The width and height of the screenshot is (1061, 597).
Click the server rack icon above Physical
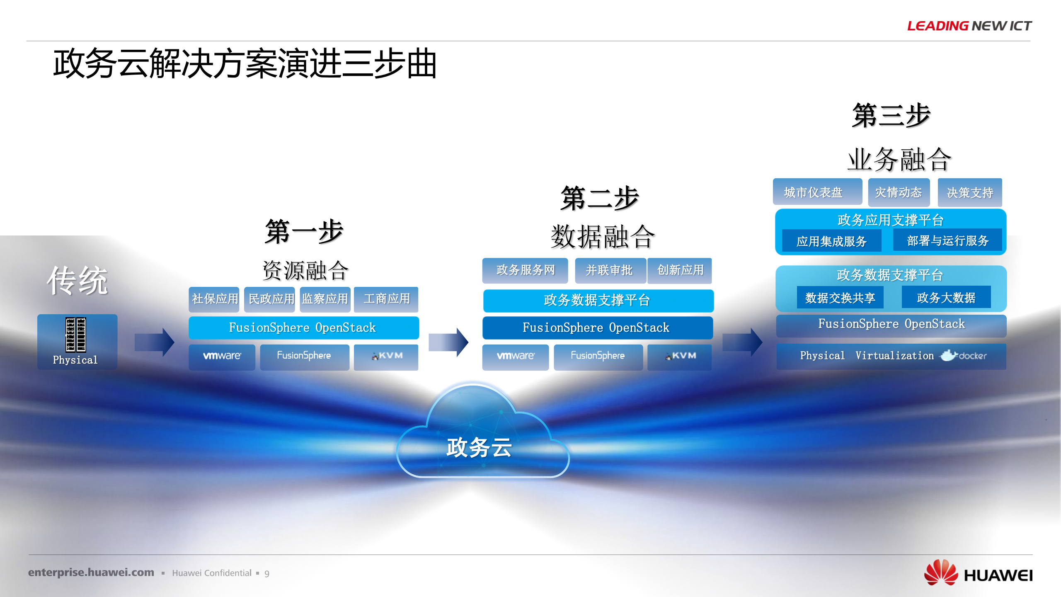click(x=75, y=334)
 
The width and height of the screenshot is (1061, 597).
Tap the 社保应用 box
click(x=214, y=299)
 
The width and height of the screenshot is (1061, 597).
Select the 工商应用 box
click(x=386, y=299)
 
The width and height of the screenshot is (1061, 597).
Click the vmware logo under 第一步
click(x=222, y=356)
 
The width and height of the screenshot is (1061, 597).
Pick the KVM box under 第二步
click(x=680, y=356)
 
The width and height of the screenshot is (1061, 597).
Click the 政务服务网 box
click(x=525, y=270)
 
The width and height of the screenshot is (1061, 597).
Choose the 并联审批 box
click(x=609, y=270)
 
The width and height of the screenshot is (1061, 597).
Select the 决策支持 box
click(x=970, y=192)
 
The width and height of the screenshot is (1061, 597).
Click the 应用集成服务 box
click(x=831, y=241)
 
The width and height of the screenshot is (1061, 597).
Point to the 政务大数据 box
click(x=946, y=297)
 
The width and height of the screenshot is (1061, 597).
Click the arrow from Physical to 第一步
click(x=154, y=342)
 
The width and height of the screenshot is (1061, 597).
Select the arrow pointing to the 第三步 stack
click(x=742, y=342)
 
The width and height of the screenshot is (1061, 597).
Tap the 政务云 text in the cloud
click(x=479, y=448)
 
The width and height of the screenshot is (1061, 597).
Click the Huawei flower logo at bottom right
click(x=941, y=573)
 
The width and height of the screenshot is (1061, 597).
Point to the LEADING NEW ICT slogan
click(x=969, y=26)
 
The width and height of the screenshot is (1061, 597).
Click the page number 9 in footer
click(x=267, y=573)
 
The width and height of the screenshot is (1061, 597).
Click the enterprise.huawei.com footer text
click(x=91, y=573)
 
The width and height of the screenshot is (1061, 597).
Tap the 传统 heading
click(x=78, y=281)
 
